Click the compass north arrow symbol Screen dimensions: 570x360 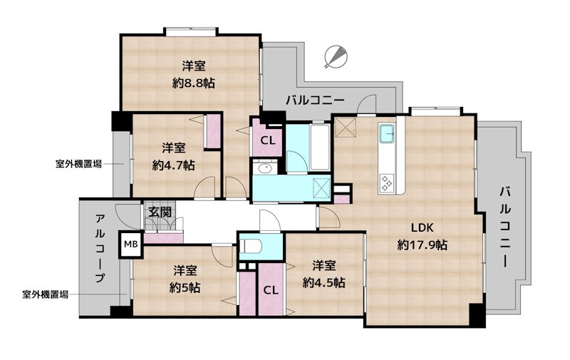[336, 57]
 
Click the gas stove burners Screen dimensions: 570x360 [386, 182]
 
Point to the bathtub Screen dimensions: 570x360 [320, 148]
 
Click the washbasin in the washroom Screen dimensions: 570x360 [265, 168]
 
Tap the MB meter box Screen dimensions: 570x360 [130, 245]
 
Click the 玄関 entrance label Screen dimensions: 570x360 [160, 212]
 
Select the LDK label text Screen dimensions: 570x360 [422, 228]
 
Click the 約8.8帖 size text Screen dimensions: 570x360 [194, 83]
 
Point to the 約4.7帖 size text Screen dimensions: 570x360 [173, 165]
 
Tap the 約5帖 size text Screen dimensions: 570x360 [185, 287]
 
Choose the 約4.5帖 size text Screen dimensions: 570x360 [324, 282]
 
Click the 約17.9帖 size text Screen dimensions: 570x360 [423, 245]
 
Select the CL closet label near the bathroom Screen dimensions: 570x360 [268, 140]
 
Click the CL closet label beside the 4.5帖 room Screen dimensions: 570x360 [271, 290]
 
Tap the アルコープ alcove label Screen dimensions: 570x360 [100, 248]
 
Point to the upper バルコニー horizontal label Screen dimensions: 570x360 [315, 100]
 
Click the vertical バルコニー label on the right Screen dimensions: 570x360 [505, 227]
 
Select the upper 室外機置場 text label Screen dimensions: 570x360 [78, 164]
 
